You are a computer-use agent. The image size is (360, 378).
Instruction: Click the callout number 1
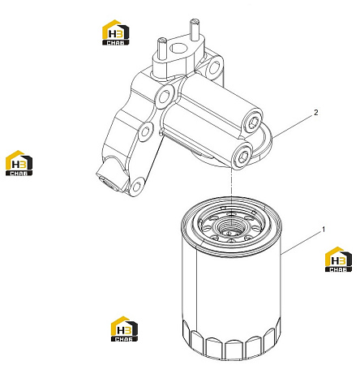pos(324,230)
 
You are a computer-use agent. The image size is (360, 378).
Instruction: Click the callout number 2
pos(316,112)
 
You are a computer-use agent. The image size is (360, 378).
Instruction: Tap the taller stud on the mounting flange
pos(195,29)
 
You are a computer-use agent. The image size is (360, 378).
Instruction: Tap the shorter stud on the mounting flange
pos(161,49)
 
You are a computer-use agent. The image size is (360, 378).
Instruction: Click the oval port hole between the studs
pos(178,49)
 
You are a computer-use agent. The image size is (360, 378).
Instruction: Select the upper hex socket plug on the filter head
pos(253,123)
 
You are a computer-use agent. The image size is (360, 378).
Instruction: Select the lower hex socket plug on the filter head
pos(242,156)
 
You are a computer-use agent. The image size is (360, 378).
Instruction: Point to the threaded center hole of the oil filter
pos(232,226)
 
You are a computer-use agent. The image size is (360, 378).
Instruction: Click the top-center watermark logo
pos(116,32)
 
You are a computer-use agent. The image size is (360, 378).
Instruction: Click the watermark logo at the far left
pos(19,163)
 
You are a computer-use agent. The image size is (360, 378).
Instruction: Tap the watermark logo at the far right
pos(338,260)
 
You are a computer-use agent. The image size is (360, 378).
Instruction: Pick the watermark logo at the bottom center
pos(124,329)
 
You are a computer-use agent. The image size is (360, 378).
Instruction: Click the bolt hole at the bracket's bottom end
pos(137,187)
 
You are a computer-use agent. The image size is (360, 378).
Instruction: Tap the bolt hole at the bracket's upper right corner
pos(215,67)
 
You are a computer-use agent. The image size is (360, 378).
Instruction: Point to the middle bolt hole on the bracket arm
pos(145,131)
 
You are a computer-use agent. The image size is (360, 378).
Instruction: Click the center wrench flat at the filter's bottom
pos(235,350)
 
